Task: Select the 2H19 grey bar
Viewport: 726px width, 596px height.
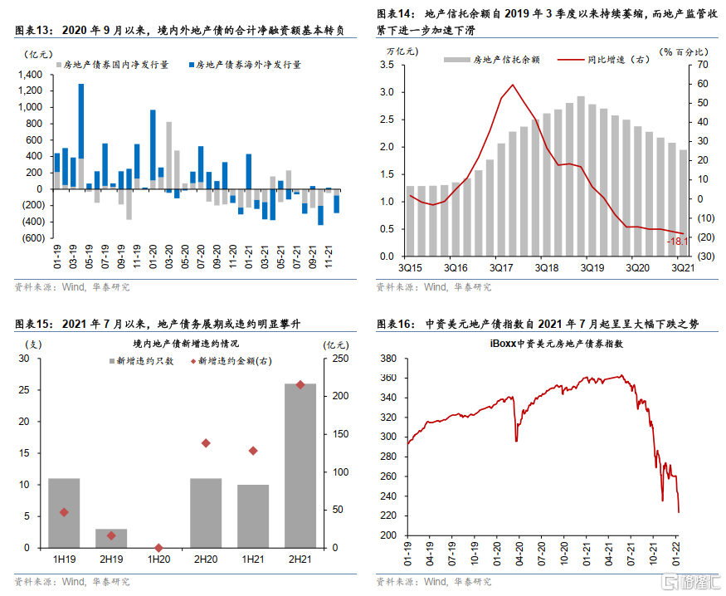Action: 111,538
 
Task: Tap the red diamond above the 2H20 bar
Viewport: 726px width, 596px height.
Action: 206,442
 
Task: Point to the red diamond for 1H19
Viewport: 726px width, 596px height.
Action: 64,512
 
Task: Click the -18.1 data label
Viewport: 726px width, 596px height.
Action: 677,241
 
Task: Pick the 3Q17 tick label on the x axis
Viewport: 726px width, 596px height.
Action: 503,268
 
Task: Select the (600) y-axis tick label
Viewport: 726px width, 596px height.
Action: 32,238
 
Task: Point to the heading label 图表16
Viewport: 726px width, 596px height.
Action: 395,324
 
